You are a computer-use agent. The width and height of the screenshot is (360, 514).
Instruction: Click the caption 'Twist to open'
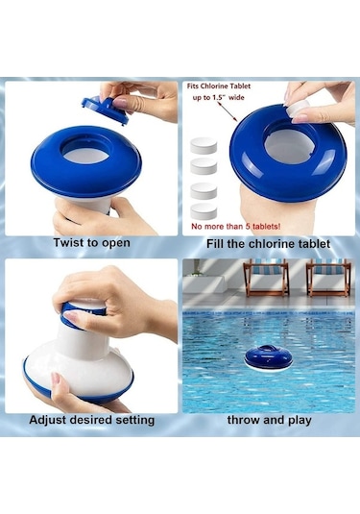tap(92, 243)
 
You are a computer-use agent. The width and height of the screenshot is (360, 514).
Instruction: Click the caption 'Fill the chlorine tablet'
tap(268, 244)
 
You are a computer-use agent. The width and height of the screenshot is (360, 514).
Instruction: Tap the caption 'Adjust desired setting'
tap(92, 420)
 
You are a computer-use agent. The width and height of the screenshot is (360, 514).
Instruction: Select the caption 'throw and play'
tap(269, 420)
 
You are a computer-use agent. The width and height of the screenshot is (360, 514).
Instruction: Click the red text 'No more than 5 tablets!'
tap(236, 226)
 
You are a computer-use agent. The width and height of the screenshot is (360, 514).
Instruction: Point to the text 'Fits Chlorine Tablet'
tap(219, 86)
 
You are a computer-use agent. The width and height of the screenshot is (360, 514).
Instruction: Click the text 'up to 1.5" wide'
tap(219, 97)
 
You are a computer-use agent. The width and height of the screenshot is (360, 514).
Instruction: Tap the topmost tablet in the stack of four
tap(204, 145)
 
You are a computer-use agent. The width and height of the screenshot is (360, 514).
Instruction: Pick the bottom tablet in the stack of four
tap(204, 211)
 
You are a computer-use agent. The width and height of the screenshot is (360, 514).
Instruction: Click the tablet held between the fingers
tap(298, 110)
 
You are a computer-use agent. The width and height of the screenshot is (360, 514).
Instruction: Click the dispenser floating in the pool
tap(268, 358)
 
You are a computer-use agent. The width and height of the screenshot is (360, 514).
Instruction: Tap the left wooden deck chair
tap(266, 278)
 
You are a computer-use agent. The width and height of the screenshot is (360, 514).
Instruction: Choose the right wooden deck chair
tap(328, 278)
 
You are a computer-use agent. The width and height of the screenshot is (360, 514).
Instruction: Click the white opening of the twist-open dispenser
tap(85, 155)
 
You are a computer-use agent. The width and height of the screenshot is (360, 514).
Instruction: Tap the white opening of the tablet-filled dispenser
tap(288, 146)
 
